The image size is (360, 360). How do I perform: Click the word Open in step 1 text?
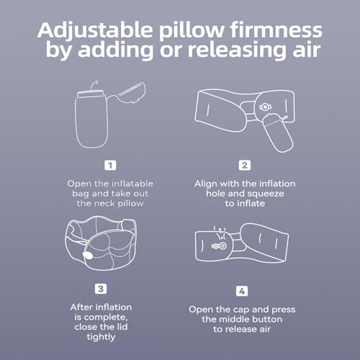click(81, 184)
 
